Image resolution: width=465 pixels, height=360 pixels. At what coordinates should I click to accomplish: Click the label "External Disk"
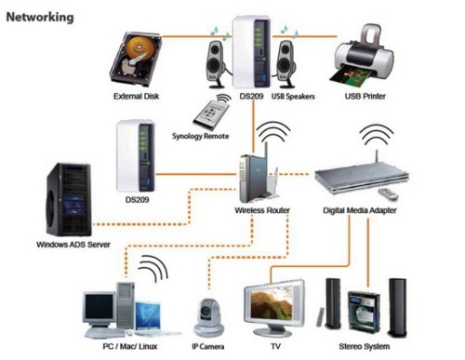(137, 96)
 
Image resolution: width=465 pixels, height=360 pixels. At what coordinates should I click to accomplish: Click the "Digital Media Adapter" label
(360, 212)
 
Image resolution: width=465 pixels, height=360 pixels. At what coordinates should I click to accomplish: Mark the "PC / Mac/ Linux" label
(119, 346)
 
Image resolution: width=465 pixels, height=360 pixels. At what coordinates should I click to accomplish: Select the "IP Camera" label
(210, 346)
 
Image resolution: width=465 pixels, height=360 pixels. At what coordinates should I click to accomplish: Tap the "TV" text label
(276, 346)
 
